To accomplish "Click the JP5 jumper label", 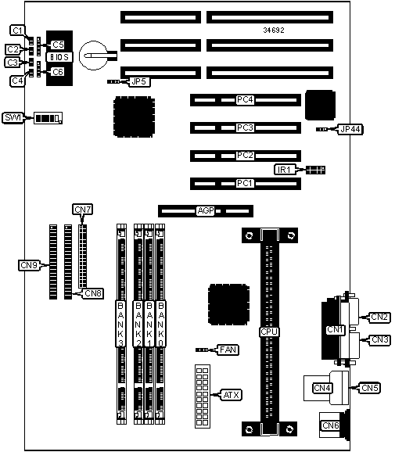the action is point(139,82).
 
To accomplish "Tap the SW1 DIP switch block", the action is point(48,118).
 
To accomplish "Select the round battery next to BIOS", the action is point(93,55).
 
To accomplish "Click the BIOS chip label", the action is point(59,57).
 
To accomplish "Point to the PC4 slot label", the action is point(245,100).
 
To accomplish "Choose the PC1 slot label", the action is point(245,183).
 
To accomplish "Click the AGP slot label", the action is point(206,210).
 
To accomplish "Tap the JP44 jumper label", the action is point(350,130).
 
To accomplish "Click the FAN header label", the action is point(228,350).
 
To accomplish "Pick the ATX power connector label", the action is point(232,395).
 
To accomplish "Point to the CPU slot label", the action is point(269,332).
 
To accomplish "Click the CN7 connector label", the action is point(83,210).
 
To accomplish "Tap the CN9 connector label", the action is point(29,265).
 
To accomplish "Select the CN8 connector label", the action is point(93,293).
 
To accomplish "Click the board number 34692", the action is point(274,30).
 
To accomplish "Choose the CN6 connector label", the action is point(330,425).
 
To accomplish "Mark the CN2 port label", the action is point(379,317).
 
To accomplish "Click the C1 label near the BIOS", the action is point(17,30).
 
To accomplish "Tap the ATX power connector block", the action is point(203,396).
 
